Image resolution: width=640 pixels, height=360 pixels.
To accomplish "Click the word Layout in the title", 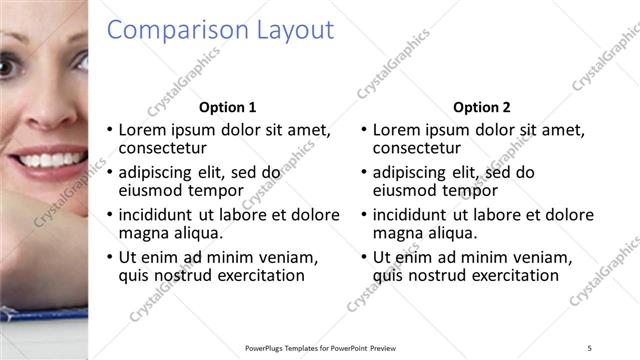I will [x=292, y=31].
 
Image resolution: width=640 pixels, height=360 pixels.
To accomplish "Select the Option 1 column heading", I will [x=228, y=107].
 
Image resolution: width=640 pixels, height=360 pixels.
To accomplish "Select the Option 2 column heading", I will [x=482, y=107].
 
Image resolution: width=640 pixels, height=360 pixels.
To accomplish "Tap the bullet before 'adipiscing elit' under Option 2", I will [x=363, y=172].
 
